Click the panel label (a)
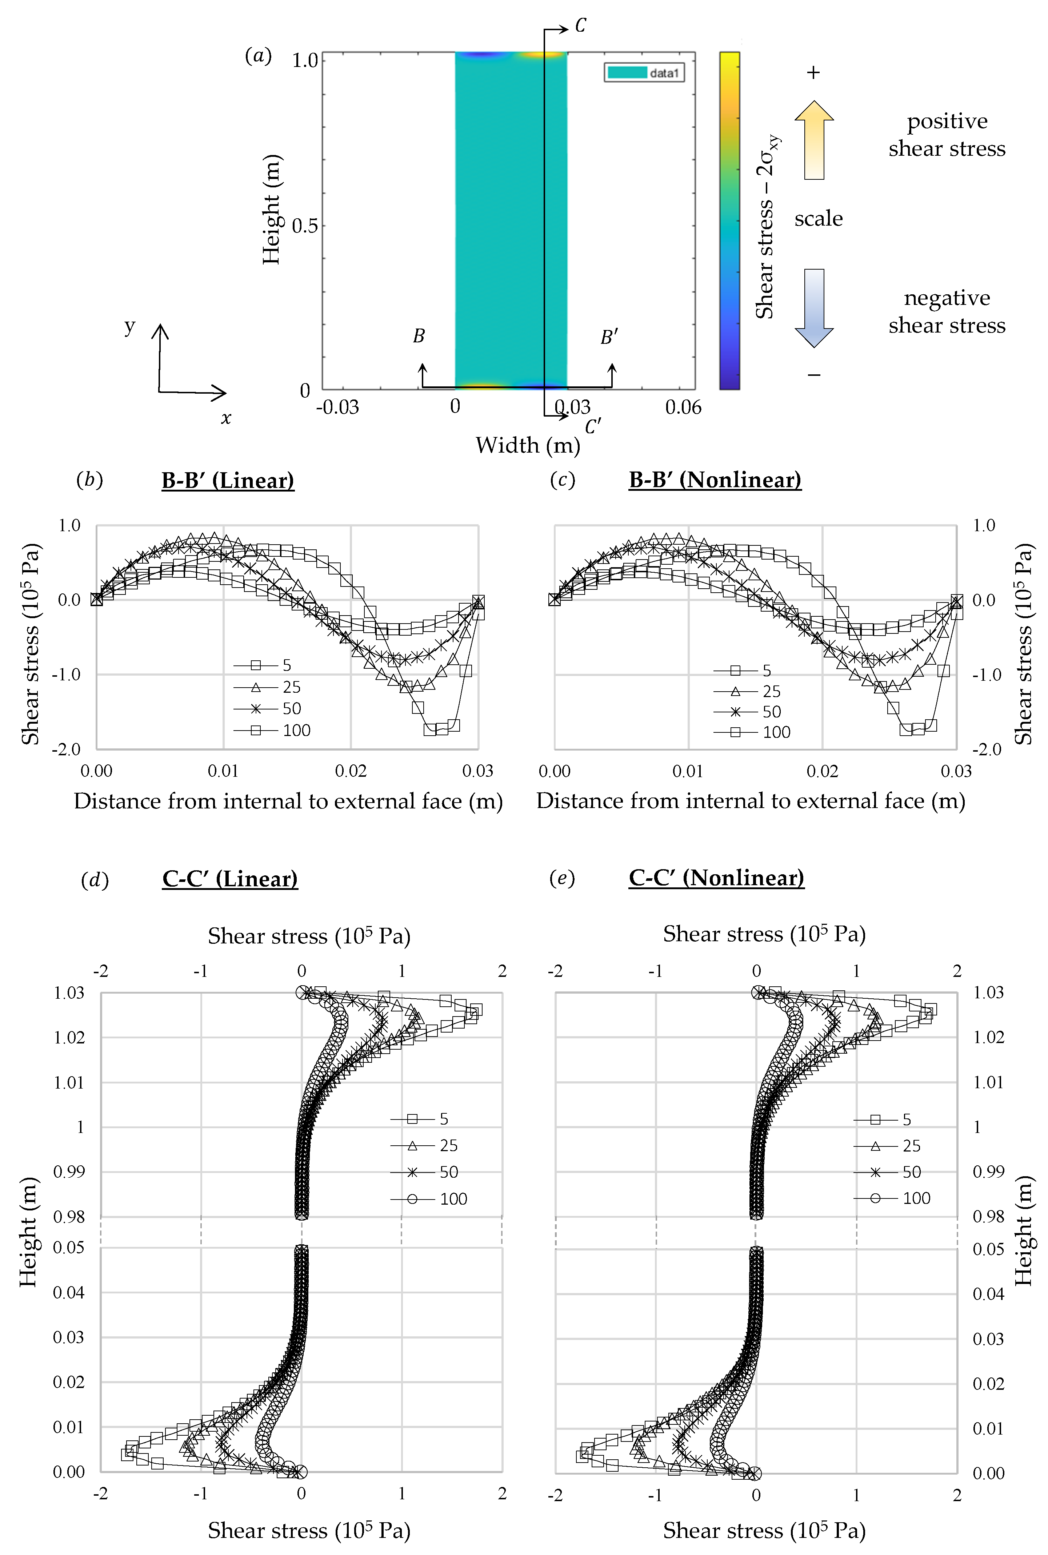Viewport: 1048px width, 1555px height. [258, 56]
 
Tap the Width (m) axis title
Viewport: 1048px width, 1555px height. [527, 445]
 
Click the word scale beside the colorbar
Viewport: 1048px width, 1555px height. [818, 219]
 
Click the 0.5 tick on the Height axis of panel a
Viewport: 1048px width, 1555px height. [305, 225]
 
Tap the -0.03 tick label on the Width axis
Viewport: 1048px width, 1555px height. [337, 407]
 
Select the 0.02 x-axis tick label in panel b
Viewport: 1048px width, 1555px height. [350, 771]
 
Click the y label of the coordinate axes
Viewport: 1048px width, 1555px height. [130, 327]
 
